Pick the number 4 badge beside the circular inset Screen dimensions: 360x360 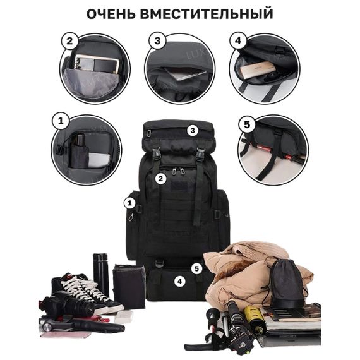coord(237,42)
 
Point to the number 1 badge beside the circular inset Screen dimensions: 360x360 coord(61,119)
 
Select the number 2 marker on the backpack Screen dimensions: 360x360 coord(161,179)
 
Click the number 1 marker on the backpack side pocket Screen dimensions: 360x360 coord(129,203)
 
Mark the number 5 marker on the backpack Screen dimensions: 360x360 coord(196,268)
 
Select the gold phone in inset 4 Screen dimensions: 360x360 coord(259,72)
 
